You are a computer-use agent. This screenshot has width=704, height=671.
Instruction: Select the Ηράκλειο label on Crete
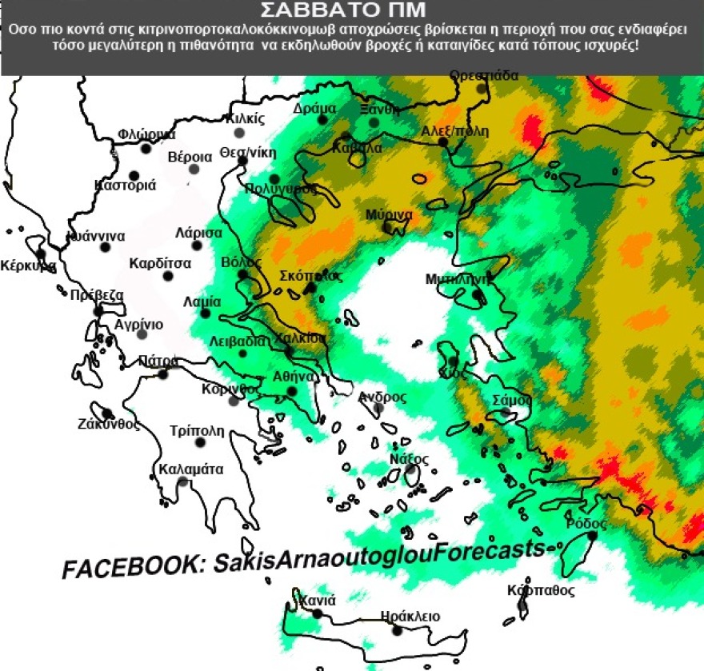pyautogui.click(x=410, y=617)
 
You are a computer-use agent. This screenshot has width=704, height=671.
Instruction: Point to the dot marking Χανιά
pyautogui.click(x=318, y=614)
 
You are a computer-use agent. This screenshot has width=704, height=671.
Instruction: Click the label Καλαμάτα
pyautogui.click(x=191, y=469)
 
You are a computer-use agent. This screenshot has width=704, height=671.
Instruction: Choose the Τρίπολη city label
pyautogui.click(x=198, y=431)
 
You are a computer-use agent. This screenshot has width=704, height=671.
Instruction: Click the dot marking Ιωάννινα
pyautogui.click(x=105, y=246)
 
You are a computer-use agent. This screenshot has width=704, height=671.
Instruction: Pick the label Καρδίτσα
pyautogui.click(x=160, y=263)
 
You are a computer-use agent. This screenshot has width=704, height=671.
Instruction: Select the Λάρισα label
pyautogui.click(x=198, y=234)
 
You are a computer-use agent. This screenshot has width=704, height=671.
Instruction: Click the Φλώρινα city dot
pyautogui.click(x=146, y=148)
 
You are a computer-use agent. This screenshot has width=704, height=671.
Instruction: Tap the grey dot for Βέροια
pyautogui.click(x=194, y=169)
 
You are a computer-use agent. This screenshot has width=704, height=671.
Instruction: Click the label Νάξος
pyautogui.click(x=409, y=459)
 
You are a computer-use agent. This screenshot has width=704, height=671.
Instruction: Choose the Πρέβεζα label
pyautogui.click(x=97, y=295)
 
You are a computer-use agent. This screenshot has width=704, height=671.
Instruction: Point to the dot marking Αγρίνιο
pyautogui.click(x=142, y=334)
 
